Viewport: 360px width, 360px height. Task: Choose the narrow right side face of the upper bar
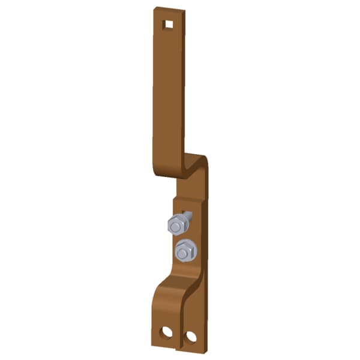[x=183, y=90]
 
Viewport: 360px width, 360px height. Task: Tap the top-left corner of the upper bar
[x=154, y=8]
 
